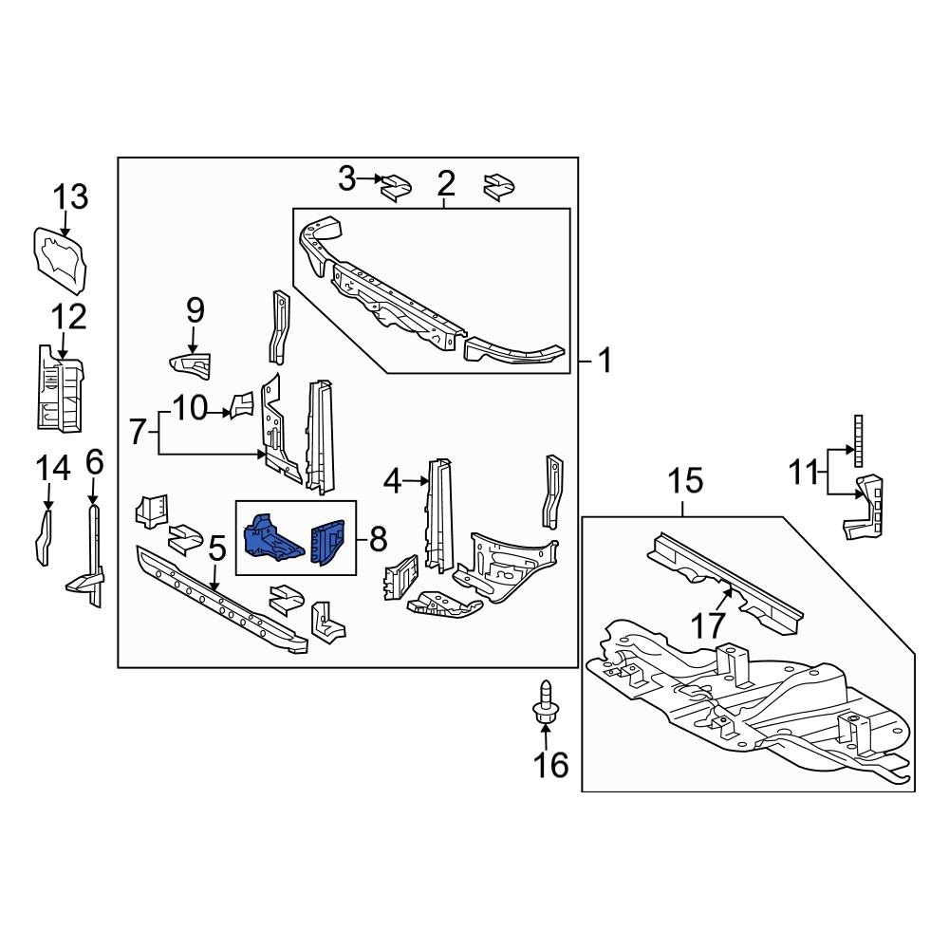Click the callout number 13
tap(70, 197)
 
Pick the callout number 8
tap(378, 540)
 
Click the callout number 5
tap(216, 548)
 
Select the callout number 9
tap(195, 309)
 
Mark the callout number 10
tap(190, 409)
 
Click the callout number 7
tap(138, 433)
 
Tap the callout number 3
tap(347, 177)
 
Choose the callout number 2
tap(446, 182)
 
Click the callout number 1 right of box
tap(605, 361)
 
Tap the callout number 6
tap(93, 462)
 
